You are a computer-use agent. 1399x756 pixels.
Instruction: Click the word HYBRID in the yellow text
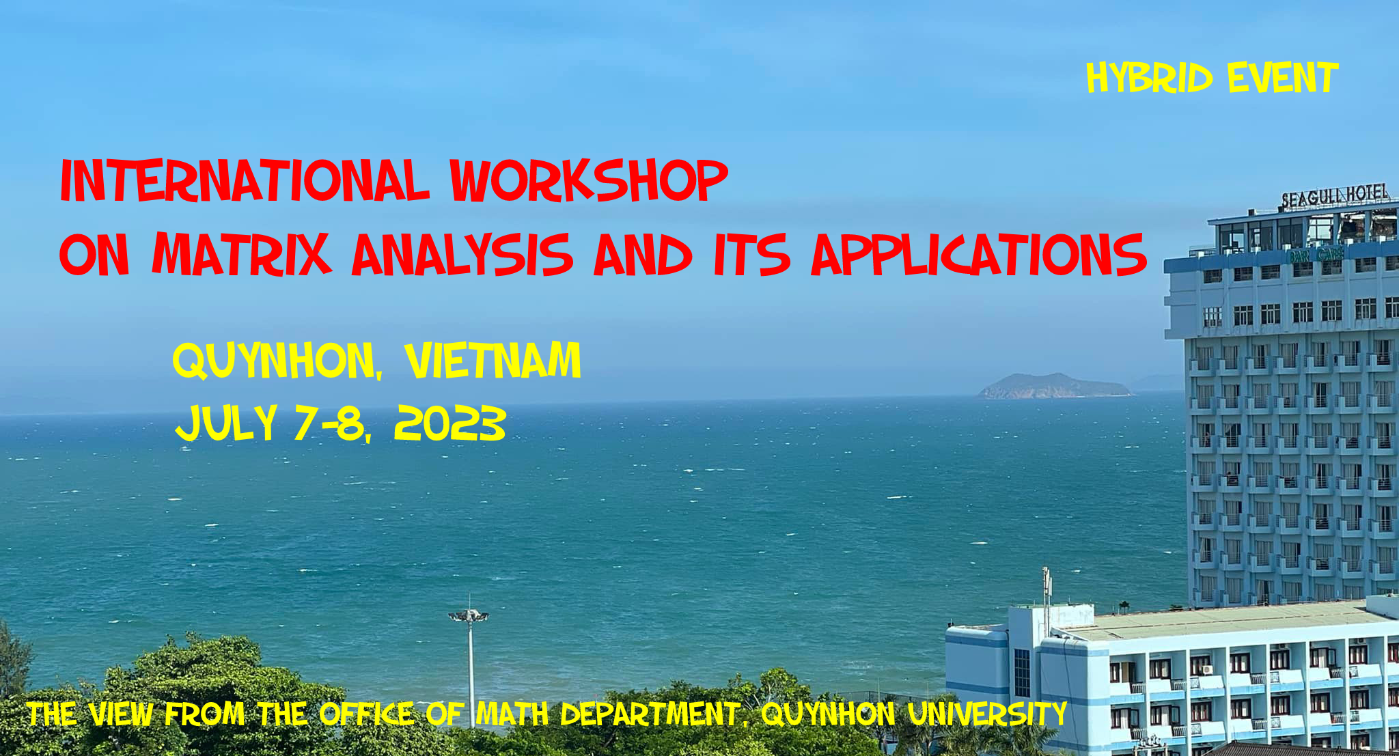pos(1150,78)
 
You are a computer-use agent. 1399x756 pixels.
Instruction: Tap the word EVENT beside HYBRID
pos(1282,78)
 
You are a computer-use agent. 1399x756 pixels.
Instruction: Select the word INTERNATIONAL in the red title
pos(245,180)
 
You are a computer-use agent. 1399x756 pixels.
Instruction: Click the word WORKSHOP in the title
pos(589,180)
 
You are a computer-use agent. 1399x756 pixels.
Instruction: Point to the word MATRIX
pos(242,254)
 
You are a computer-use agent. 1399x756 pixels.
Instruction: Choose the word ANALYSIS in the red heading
pos(462,254)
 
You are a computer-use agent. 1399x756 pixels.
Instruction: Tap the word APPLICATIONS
pos(979,254)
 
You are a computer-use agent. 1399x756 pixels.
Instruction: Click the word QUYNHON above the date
pos(274,361)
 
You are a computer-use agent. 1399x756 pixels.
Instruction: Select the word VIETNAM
pos(493,360)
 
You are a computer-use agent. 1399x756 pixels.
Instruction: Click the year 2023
pos(449,423)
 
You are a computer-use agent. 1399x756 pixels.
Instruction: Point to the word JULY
pos(226,423)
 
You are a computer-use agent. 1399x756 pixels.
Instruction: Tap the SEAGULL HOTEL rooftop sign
pos(1335,196)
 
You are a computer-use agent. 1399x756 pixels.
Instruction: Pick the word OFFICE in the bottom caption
pos(366,714)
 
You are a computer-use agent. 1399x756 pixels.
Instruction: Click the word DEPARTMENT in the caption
pos(649,714)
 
